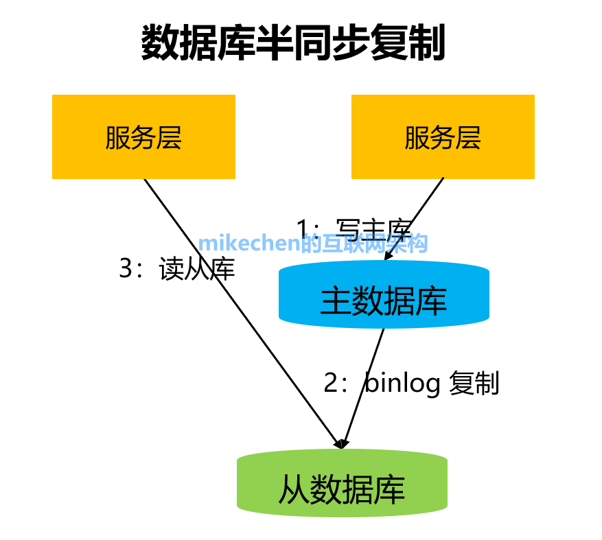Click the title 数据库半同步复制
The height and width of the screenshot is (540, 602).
click(x=293, y=44)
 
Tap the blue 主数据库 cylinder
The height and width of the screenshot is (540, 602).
click(x=384, y=301)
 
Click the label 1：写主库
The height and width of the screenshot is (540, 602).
click(x=354, y=227)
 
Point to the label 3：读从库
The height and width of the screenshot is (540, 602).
click(x=177, y=269)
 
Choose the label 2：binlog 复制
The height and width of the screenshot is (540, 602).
click(x=411, y=383)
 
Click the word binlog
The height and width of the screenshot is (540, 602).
click(x=402, y=383)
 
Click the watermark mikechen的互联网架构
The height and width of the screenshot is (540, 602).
click(x=313, y=243)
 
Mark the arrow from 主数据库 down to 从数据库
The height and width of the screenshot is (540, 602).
click(x=363, y=387)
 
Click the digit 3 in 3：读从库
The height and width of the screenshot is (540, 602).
click(x=126, y=269)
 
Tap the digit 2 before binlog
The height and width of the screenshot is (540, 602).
click(x=331, y=383)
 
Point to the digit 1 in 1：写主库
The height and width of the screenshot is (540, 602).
click(x=303, y=227)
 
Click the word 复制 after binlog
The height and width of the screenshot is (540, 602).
click(x=474, y=383)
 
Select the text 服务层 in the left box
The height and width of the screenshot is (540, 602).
click(x=143, y=138)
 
